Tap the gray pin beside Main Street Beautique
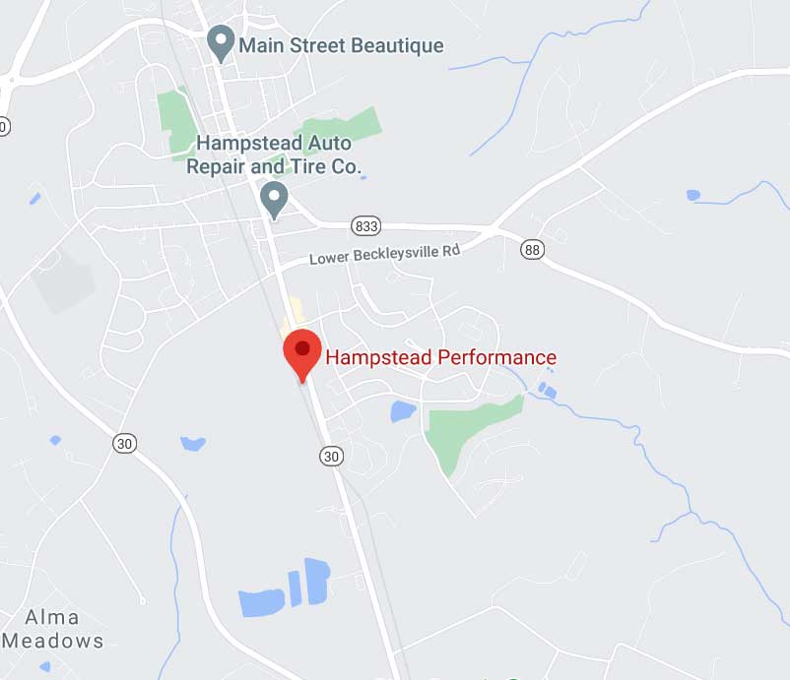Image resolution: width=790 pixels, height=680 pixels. pos(222,44)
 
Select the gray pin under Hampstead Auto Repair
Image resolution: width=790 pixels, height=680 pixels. pos(276,201)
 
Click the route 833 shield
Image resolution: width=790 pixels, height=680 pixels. pos(365,226)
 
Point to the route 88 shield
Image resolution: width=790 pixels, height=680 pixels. pos(533,250)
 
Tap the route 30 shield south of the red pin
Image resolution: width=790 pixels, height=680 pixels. pos(331,455)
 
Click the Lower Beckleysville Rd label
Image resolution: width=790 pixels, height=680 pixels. pos(385,255)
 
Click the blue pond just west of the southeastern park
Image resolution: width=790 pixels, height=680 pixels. pos(403,411)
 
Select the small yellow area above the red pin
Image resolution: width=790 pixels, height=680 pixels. pos(292,326)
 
